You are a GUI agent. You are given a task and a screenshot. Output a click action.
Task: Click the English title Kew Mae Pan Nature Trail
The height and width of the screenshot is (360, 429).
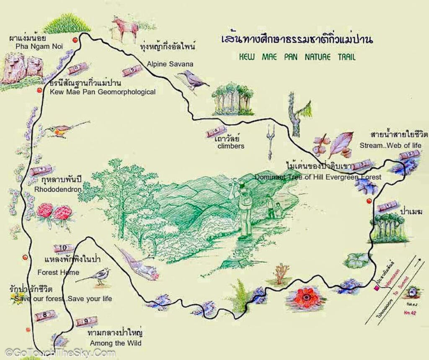[x=297, y=57]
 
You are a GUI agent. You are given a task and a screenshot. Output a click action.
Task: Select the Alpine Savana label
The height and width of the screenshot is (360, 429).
[x=170, y=64]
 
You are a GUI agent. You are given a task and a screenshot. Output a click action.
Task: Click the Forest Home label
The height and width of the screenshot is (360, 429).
[x=58, y=273]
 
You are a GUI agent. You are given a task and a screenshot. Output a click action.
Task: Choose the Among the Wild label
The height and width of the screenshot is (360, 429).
[x=114, y=343]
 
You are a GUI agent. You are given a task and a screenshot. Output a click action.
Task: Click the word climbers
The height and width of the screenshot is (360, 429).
[x=231, y=146]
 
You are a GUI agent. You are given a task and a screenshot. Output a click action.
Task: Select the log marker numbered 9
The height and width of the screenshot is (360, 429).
[x=86, y=321]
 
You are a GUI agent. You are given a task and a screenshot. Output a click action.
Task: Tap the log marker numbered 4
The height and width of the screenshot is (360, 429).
[x=216, y=132]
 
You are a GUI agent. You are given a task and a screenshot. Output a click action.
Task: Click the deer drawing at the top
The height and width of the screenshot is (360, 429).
[x=125, y=28]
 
